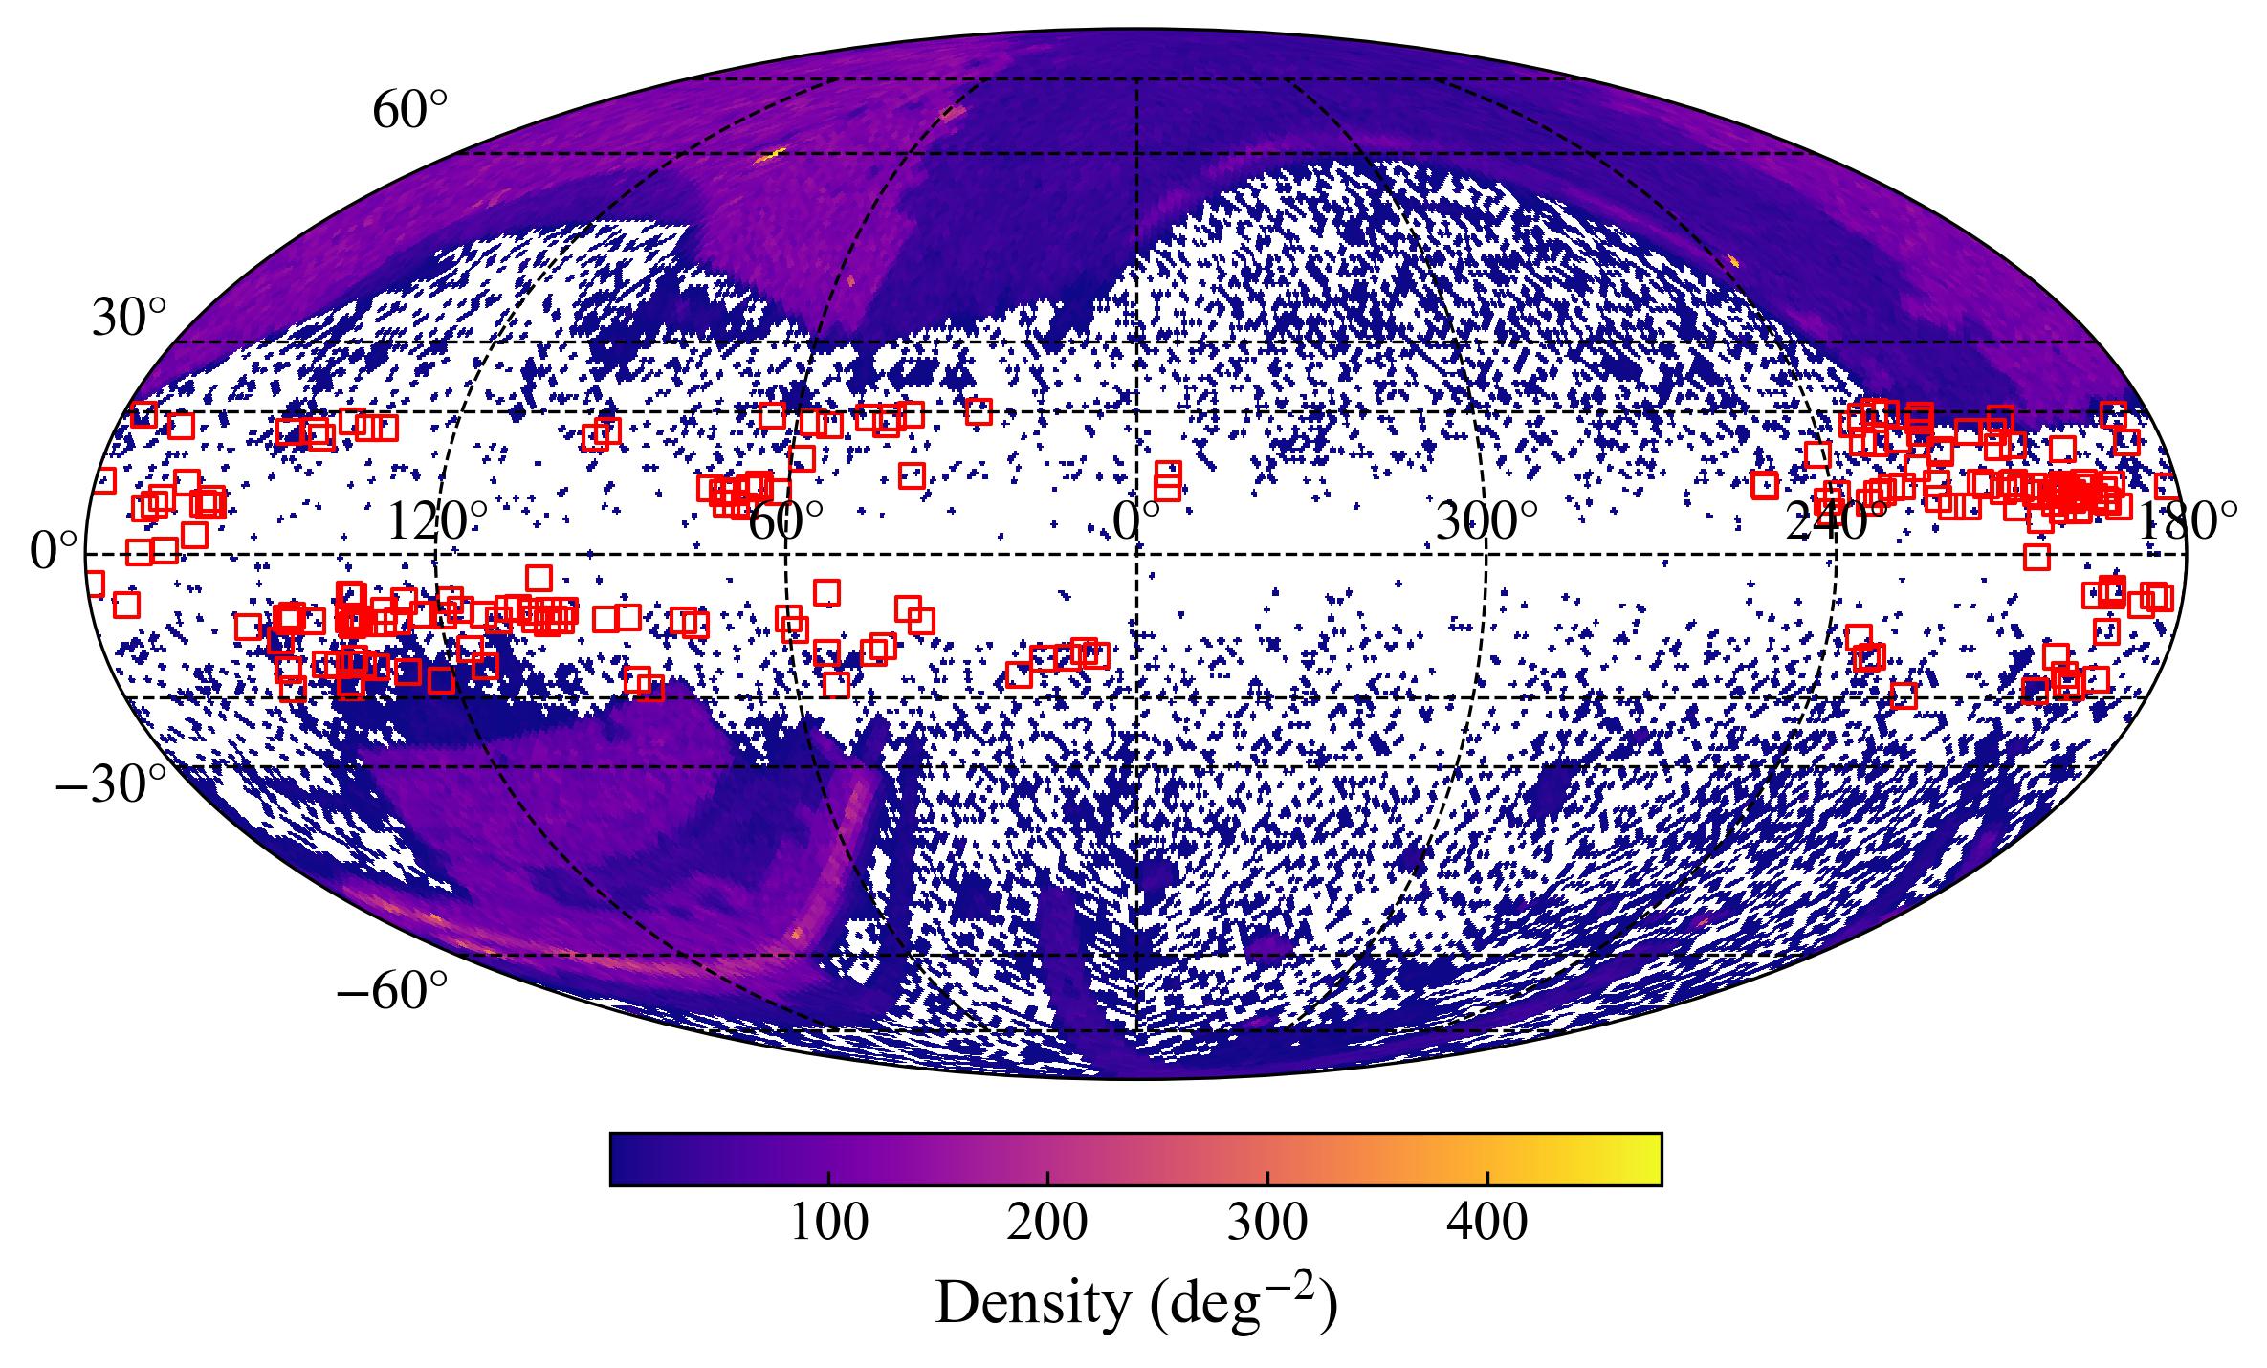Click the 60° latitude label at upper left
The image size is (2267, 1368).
[409, 113]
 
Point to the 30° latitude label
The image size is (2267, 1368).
[128, 319]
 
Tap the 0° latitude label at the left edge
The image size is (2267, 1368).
[54, 552]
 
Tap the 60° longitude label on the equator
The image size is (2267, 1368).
[784, 523]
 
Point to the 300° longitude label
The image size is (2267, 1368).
[1486, 523]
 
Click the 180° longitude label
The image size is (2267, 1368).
[2187, 523]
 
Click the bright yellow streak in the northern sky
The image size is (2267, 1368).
[770, 155]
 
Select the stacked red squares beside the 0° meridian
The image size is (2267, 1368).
[1167, 481]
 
